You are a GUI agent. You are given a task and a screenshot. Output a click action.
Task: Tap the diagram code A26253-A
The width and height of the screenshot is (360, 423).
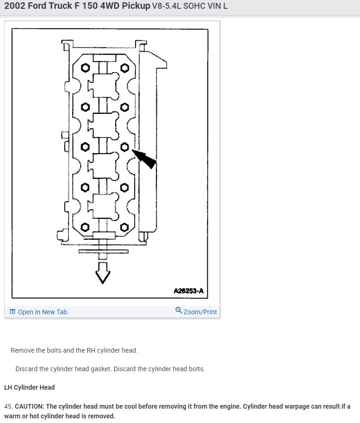(x=188, y=291)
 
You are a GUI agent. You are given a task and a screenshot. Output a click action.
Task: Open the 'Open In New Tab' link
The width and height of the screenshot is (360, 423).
(x=42, y=312)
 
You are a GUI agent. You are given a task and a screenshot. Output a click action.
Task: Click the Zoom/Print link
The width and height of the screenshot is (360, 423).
(x=200, y=312)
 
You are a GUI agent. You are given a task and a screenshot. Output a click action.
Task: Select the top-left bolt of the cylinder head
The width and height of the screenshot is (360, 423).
(x=85, y=68)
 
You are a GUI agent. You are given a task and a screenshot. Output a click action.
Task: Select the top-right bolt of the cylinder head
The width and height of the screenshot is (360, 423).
(x=124, y=68)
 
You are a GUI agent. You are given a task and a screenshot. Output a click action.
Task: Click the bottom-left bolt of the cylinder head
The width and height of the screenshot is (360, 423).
(x=85, y=227)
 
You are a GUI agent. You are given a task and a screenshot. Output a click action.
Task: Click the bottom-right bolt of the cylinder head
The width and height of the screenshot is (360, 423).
(x=124, y=227)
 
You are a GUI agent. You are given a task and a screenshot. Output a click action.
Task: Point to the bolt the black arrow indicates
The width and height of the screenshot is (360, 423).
(x=124, y=147)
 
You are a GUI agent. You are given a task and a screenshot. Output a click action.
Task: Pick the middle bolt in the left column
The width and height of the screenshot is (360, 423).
(x=85, y=147)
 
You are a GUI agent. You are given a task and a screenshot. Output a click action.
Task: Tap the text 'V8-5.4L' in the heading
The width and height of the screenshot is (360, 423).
(x=166, y=6)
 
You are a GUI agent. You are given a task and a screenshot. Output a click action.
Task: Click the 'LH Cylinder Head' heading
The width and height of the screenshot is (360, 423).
(x=29, y=387)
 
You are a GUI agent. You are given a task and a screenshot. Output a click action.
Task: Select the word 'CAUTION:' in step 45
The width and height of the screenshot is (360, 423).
(x=29, y=406)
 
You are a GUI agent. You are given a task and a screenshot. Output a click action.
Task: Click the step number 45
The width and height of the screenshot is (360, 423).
(x=8, y=406)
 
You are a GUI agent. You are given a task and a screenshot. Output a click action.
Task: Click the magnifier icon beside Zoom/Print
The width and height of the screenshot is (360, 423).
(x=179, y=311)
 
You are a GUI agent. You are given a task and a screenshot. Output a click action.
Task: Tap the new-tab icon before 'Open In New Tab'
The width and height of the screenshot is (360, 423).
(x=12, y=312)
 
